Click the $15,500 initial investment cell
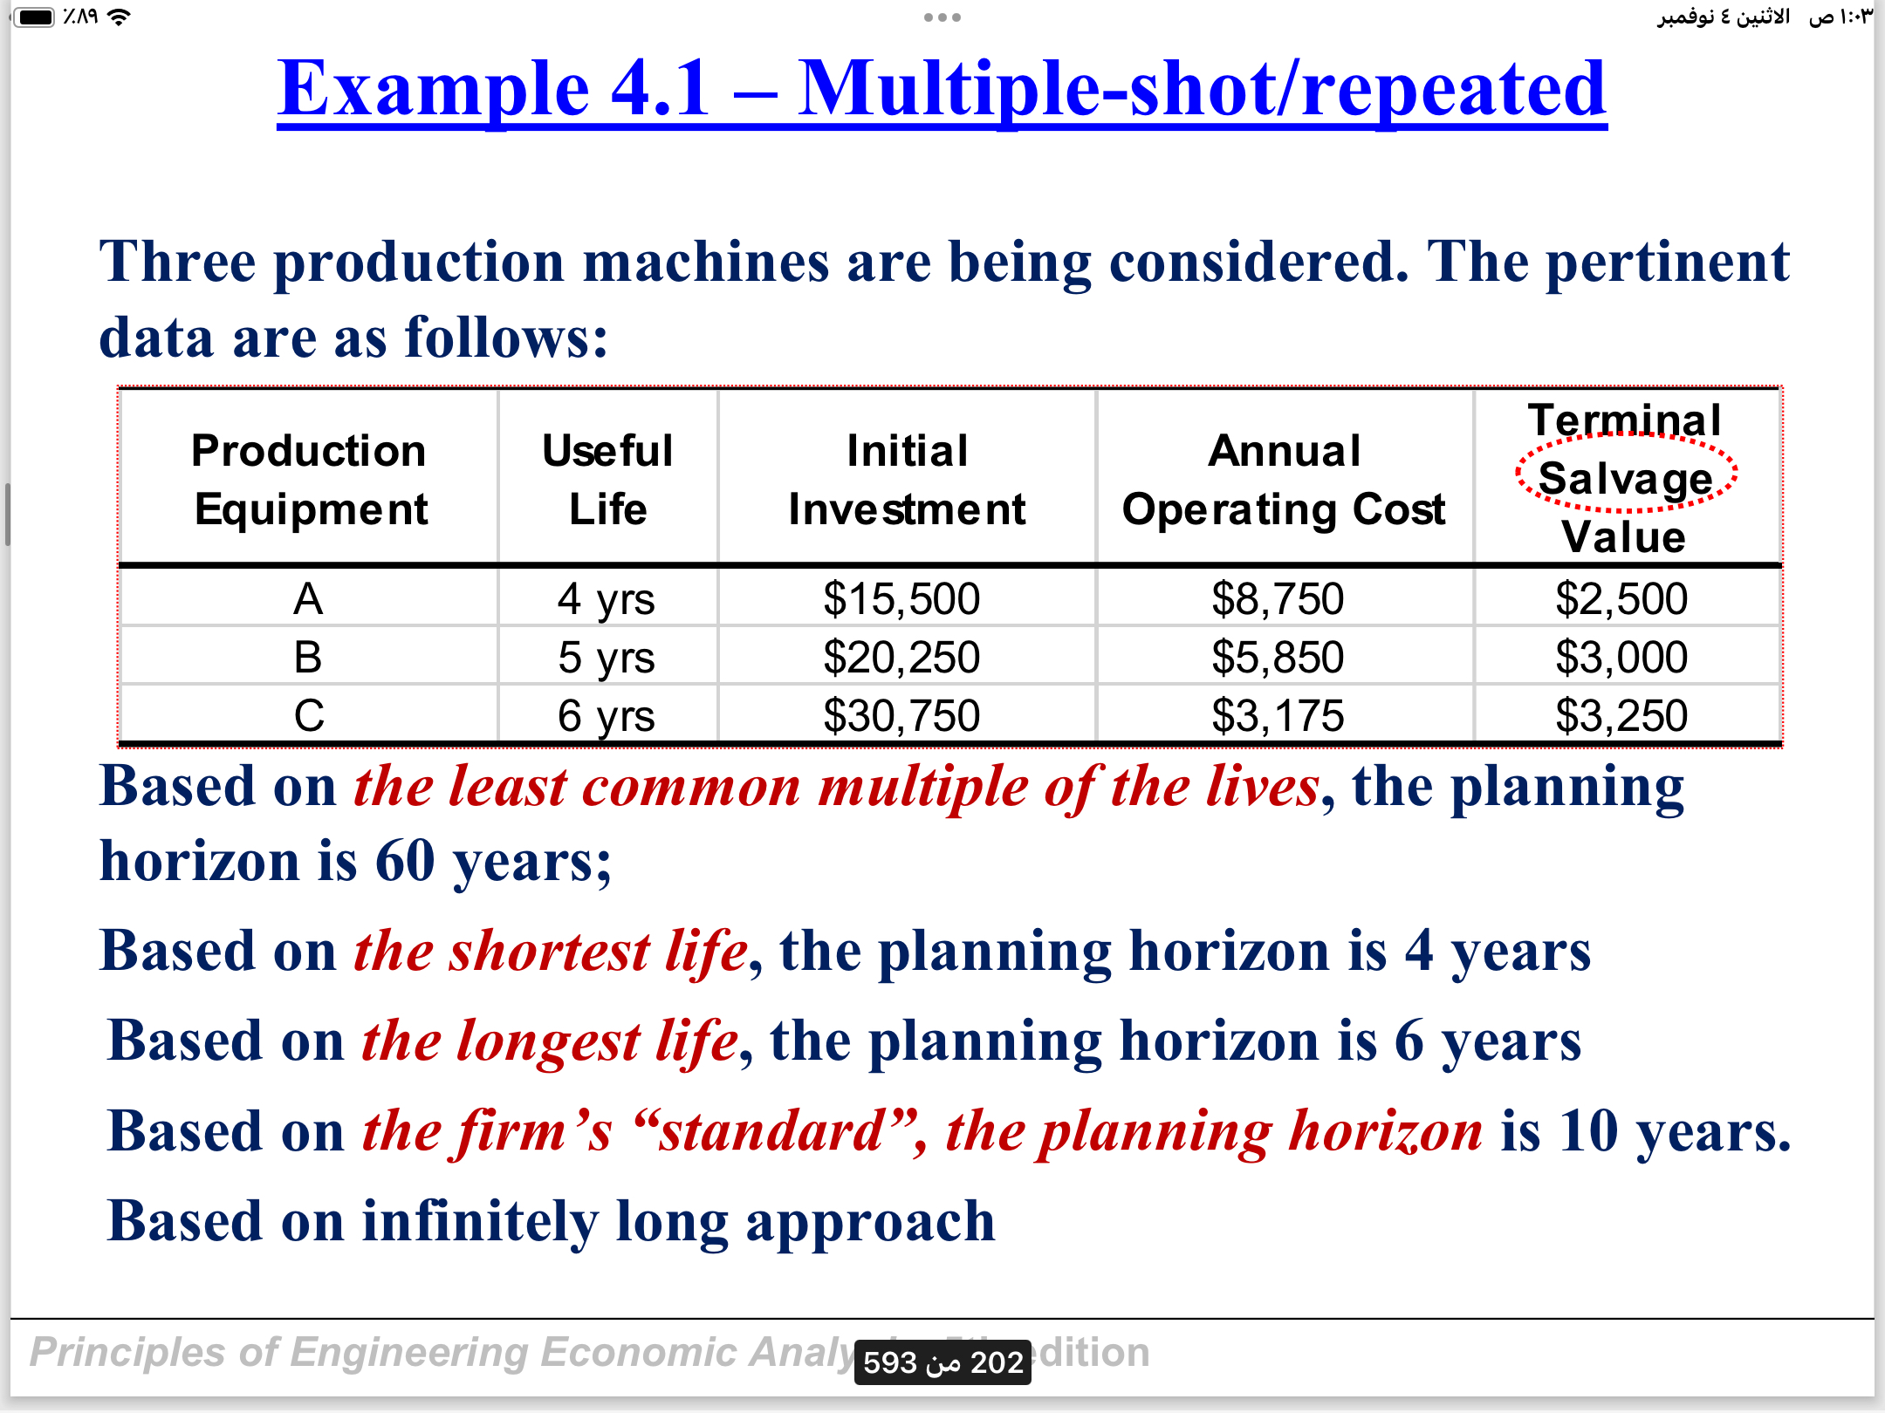[901, 599]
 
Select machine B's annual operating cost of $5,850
[1278, 658]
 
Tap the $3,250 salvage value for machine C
[1621, 716]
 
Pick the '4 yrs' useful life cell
[607, 599]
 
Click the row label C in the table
[309, 716]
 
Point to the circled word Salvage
[1626, 478]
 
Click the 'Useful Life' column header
[607, 480]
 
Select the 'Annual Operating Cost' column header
[1284, 480]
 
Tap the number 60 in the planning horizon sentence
[405, 861]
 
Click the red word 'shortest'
[549, 951]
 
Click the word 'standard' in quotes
[773, 1131]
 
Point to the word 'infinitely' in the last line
[480, 1221]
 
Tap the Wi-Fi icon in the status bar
[119, 17]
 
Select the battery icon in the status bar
[36, 17]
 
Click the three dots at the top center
[942, 17]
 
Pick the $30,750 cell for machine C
[901, 716]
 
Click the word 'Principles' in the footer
[127, 1353]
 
